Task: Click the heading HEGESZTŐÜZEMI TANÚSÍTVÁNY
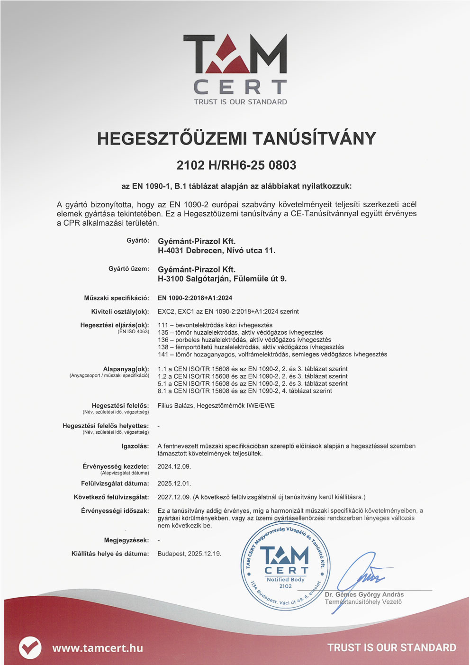(236, 138)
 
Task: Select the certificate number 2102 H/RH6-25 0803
(236, 165)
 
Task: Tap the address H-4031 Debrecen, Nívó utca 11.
(216, 250)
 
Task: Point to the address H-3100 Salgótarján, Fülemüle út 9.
(222, 279)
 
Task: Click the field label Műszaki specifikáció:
(117, 298)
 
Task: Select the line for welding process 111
(215, 325)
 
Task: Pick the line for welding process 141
(272, 354)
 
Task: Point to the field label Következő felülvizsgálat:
(111, 497)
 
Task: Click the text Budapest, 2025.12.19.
(189, 554)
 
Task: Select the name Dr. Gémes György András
(364, 594)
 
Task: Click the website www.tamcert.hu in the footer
(98, 648)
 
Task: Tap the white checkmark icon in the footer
(30, 647)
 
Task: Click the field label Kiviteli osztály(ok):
(120, 311)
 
